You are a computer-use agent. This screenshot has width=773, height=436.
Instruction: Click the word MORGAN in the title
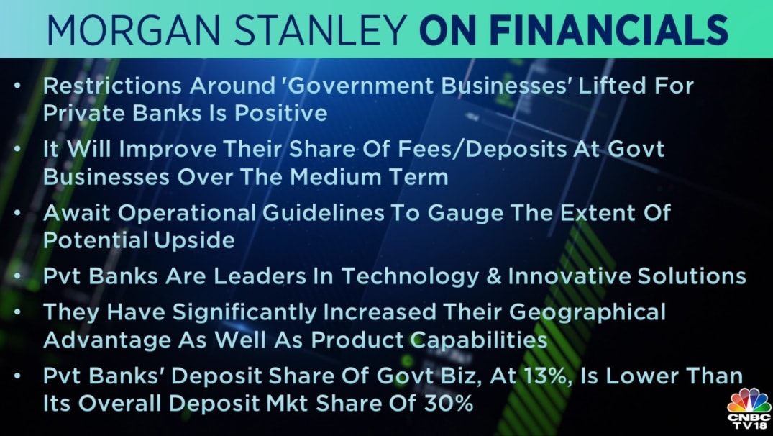[x=133, y=31]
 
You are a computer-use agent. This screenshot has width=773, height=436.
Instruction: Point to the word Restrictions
[x=113, y=86]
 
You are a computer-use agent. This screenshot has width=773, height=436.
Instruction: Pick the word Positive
[x=280, y=114]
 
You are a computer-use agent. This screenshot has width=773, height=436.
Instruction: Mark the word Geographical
[x=587, y=313]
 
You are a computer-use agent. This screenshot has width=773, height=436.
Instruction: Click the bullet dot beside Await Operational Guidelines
[x=18, y=213]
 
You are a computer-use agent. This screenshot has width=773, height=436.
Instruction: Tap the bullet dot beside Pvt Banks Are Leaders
[x=18, y=276]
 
